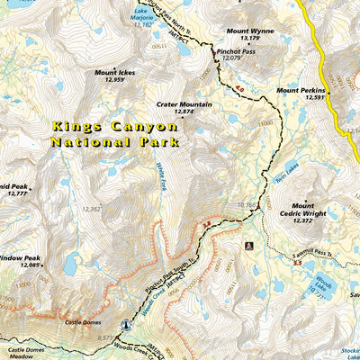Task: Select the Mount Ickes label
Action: (x=113, y=72)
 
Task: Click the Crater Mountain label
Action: (x=184, y=103)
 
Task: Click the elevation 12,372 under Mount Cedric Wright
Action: (x=302, y=220)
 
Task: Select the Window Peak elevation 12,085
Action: (x=31, y=265)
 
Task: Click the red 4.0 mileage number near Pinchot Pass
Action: (x=238, y=88)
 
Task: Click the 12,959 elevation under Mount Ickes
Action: (x=113, y=80)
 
